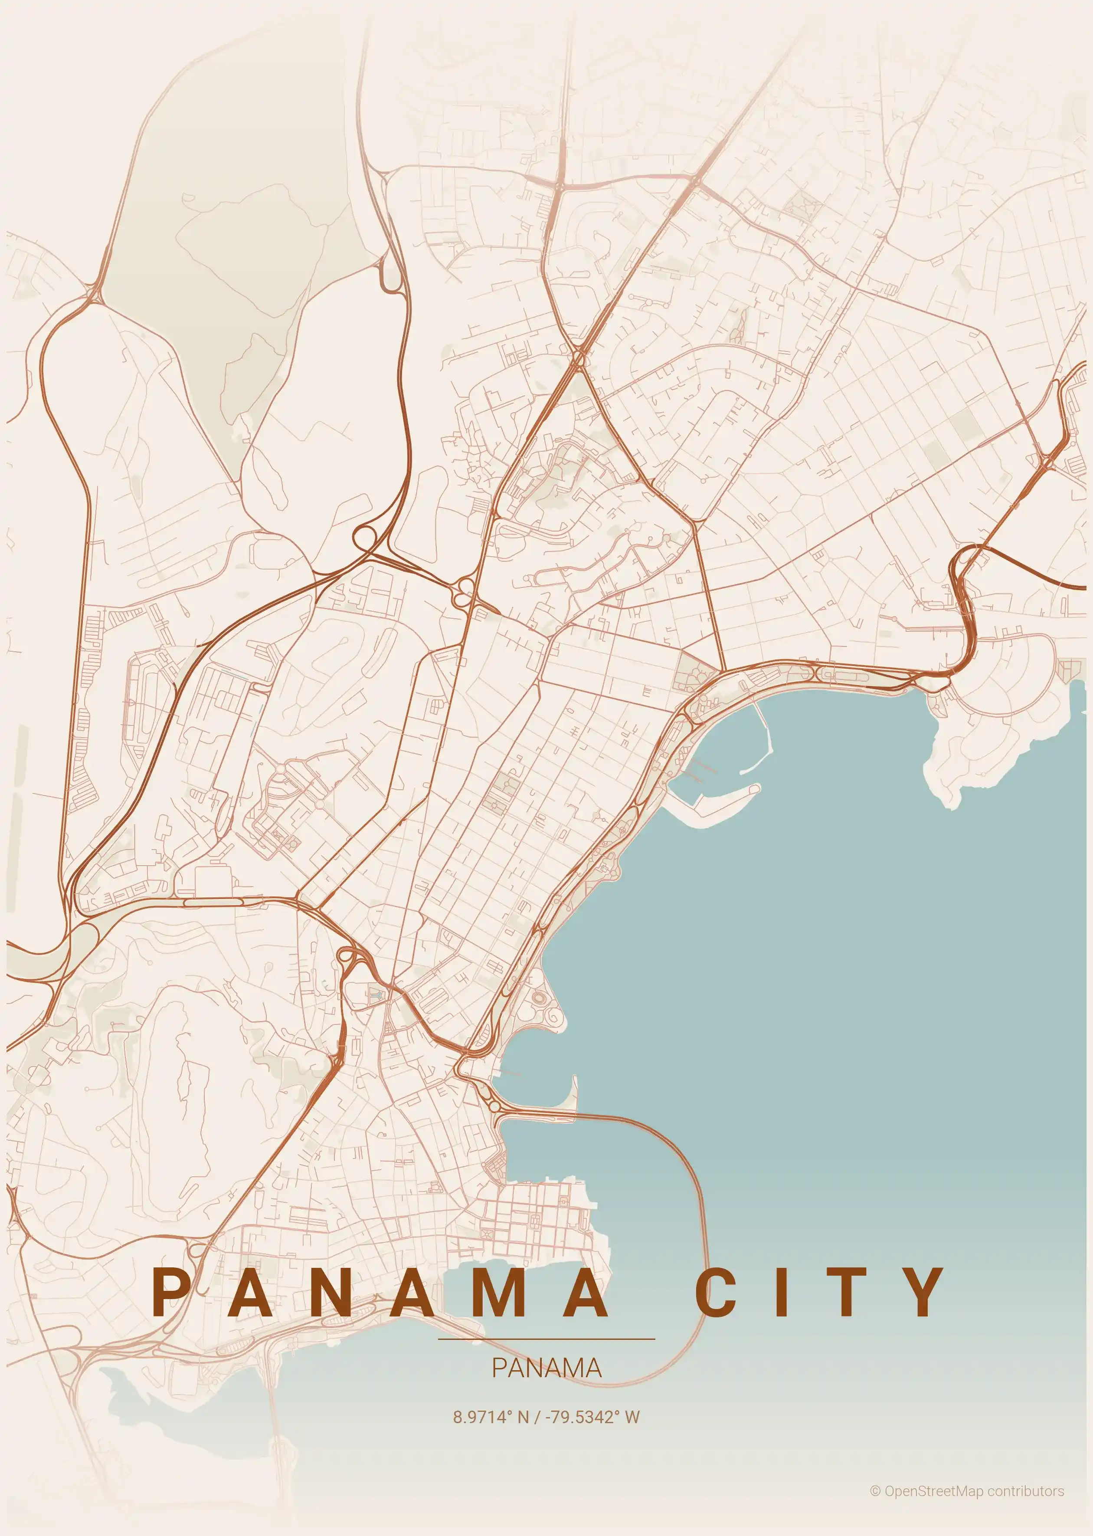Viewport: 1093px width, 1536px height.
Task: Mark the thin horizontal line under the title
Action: pyautogui.click(x=546, y=1339)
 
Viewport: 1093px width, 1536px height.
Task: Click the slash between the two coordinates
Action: pyautogui.click(x=537, y=1417)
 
